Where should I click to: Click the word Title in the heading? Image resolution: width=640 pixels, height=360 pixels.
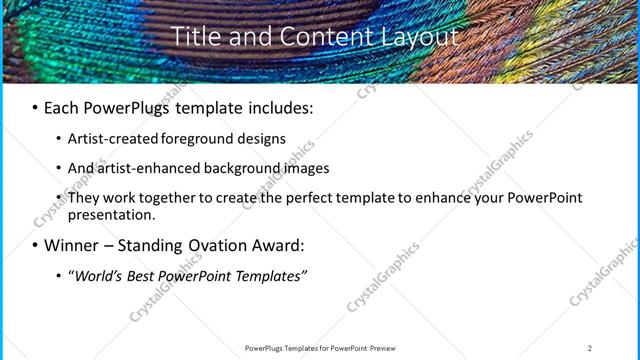point(193,37)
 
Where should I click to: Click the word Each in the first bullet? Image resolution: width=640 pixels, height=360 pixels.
point(62,107)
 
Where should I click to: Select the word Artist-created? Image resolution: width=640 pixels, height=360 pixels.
point(111,139)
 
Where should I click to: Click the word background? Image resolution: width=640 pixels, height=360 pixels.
point(242,168)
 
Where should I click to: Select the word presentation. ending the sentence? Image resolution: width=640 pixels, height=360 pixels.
point(112,215)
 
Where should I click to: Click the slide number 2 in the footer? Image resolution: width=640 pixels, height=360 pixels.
point(590,348)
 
